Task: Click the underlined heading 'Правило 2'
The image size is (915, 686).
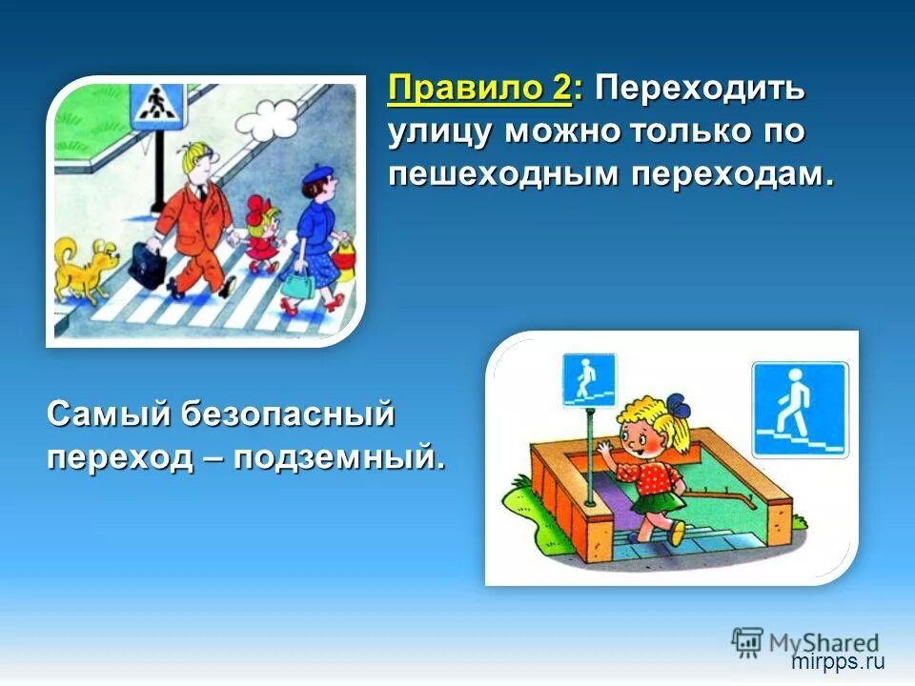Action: click(479, 91)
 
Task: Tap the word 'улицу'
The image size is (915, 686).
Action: click(440, 132)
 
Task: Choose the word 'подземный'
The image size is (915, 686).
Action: click(340, 457)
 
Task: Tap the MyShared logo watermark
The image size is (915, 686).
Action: click(805, 640)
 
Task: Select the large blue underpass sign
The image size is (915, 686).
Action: click(799, 409)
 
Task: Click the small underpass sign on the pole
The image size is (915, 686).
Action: click(588, 378)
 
